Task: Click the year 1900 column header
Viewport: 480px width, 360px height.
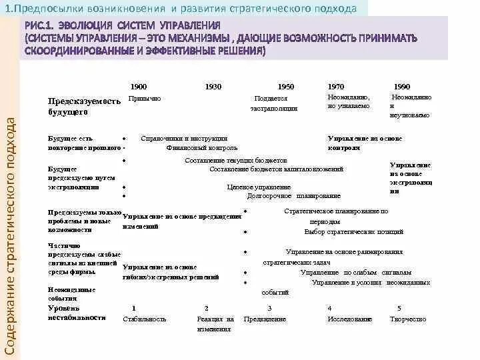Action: pyautogui.click(x=139, y=87)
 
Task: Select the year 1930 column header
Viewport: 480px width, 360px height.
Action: pyautogui.click(x=213, y=87)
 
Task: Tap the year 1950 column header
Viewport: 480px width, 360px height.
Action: pyautogui.click(x=286, y=87)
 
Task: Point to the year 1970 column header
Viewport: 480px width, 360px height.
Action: pyautogui.click(x=336, y=87)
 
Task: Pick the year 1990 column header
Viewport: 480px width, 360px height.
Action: pyautogui.click(x=402, y=87)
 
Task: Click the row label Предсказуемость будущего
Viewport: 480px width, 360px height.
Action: pyautogui.click(x=84, y=107)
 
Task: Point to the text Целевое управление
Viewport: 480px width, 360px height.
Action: pyautogui.click(x=259, y=187)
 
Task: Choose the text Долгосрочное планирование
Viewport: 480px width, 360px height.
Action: pyautogui.click(x=293, y=196)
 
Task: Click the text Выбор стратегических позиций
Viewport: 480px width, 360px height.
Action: pyautogui.click(x=353, y=232)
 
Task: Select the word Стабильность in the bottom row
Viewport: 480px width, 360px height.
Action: pyautogui.click(x=144, y=319)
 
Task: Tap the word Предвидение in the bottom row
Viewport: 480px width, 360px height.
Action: pyautogui.click(x=265, y=319)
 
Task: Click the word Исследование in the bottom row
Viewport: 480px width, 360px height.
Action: pyautogui.click(x=349, y=319)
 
